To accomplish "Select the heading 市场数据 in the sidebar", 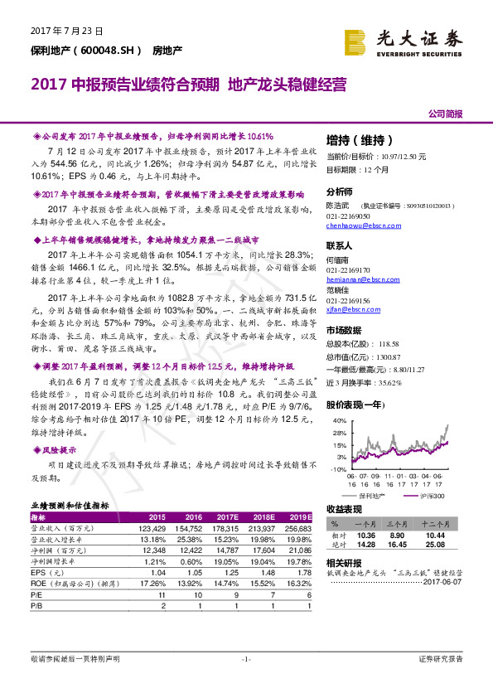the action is (x=342, y=331).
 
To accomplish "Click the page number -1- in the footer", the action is (x=246, y=659).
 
